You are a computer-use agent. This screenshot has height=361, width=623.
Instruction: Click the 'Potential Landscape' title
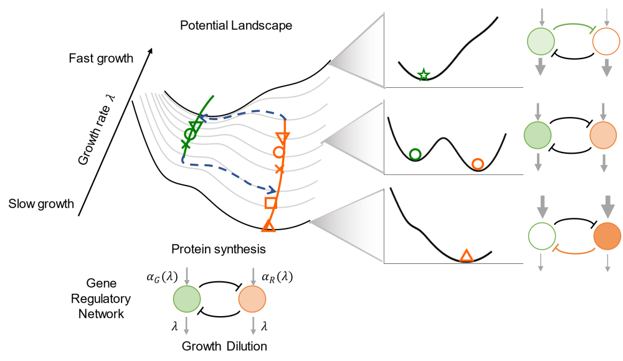(235, 26)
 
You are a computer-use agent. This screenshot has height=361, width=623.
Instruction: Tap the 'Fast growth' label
(102, 59)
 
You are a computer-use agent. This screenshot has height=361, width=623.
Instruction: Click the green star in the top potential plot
(424, 75)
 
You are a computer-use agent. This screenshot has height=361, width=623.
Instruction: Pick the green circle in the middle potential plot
(415, 154)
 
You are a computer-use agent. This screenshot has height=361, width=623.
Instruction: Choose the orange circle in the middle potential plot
(477, 164)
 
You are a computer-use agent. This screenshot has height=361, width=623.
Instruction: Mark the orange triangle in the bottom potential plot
(466, 255)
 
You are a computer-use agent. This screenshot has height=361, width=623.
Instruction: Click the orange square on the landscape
(271, 203)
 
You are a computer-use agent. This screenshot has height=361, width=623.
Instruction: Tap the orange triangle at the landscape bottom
(269, 227)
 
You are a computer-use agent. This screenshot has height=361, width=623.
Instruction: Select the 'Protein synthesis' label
(219, 250)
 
